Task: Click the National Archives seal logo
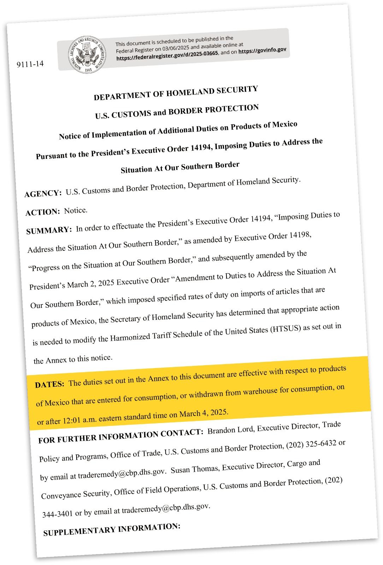(x=87, y=55)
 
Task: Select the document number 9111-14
(x=30, y=64)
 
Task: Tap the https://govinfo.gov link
(x=262, y=50)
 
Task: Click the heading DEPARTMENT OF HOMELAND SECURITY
(x=176, y=93)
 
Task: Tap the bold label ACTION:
(x=43, y=212)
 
